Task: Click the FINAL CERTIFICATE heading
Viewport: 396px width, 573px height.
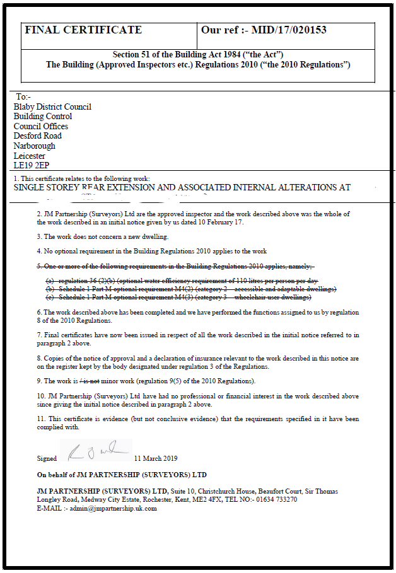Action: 83,30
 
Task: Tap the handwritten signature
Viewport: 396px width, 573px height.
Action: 95,451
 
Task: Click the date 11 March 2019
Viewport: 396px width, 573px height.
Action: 156,458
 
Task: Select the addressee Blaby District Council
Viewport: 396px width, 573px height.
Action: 52,107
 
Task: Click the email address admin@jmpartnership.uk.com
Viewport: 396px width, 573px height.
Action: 114,508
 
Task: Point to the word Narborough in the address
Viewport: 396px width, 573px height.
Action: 34,146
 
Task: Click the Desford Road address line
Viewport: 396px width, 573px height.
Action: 37,136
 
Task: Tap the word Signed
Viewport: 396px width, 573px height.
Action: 47,458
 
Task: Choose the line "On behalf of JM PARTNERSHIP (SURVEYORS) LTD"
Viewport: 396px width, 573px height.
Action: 122,475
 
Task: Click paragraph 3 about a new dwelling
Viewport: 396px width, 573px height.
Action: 103,236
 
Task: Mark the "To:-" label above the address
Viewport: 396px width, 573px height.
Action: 23,97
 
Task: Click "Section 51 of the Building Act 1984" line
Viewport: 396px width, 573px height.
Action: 197,55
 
